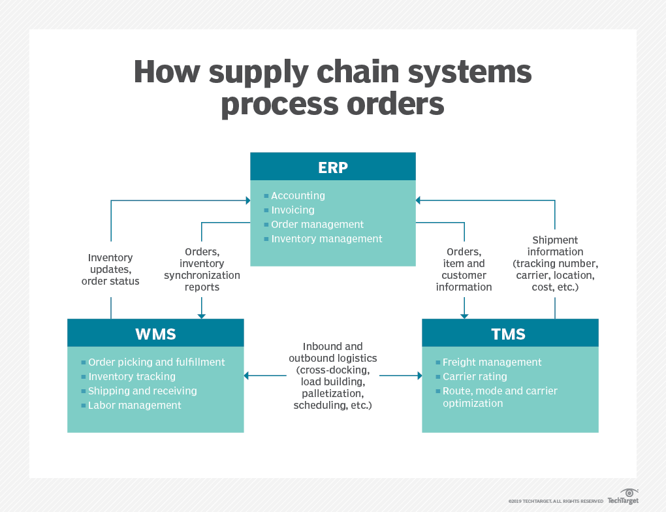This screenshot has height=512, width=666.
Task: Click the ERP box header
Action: [x=333, y=167]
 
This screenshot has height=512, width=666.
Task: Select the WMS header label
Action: [x=155, y=334]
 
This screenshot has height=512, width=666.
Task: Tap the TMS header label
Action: [x=509, y=334]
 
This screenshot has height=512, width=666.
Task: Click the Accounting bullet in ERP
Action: [x=298, y=196]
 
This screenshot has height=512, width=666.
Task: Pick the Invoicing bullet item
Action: [x=293, y=210]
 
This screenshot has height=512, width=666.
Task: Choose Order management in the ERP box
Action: [x=317, y=225]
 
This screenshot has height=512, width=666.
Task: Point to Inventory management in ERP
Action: [x=326, y=239]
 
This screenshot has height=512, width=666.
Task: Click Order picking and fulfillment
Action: [x=156, y=362]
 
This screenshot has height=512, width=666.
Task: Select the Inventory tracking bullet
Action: [x=131, y=377]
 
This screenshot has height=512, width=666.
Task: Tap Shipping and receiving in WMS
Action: [x=142, y=391]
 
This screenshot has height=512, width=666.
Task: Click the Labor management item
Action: [x=135, y=406]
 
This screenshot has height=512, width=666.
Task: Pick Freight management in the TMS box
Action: [x=492, y=362]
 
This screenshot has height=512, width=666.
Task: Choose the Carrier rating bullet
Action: [x=475, y=377]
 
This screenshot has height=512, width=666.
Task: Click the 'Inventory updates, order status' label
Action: [x=110, y=270]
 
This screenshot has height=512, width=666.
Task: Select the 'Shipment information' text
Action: [x=555, y=246]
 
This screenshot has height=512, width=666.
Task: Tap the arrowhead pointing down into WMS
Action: [x=202, y=315]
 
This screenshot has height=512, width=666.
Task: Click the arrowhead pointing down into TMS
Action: [x=464, y=315]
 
